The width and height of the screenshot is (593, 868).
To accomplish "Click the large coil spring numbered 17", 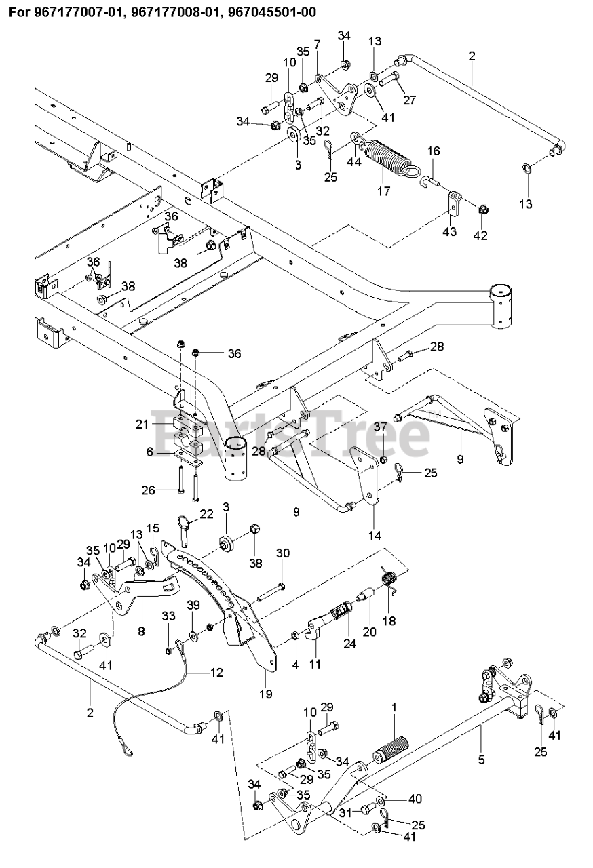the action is pyautogui.click(x=389, y=157).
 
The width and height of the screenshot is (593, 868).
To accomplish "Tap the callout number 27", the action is pyautogui.click(x=409, y=100).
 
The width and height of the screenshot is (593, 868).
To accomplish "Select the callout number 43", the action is pyautogui.click(x=450, y=232).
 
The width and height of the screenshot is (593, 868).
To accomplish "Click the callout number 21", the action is pyautogui.click(x=142, y=425).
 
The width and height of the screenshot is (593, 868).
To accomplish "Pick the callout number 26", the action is pyautogui.click(x=149, y=490).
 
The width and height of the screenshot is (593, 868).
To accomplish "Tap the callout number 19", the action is pyautogui.click(x=266, y=694).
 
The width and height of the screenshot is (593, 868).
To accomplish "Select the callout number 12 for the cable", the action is pyautogui.click(x=217, y=673).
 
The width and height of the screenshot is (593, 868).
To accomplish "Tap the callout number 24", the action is pyautogui.click(x=349, y=644).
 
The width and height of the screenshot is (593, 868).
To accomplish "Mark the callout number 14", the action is pyautogui.click(x=375, y=536).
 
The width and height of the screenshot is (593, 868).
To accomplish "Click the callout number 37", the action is pyautogui.click(x=381, y=427).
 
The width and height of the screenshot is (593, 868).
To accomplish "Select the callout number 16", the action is pyautogui.click(x=434, y=151).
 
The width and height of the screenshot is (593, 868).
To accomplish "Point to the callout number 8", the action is pyautogui.click(x=141, y=632).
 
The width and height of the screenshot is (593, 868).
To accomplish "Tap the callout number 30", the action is pyautogui.click(x=283, y=553).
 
